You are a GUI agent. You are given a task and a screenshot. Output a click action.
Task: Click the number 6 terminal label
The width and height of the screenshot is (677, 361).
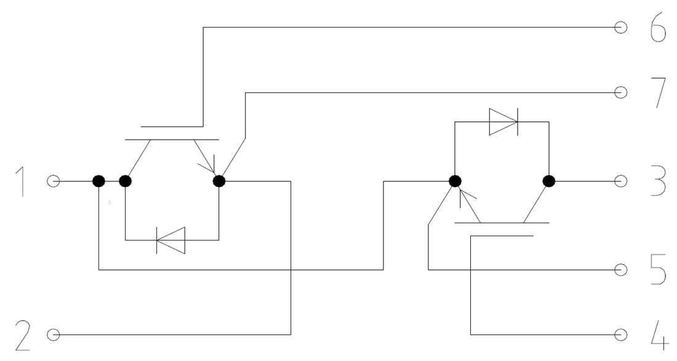point(658,28)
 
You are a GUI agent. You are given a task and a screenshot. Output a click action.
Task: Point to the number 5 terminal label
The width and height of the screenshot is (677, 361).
point(658,270)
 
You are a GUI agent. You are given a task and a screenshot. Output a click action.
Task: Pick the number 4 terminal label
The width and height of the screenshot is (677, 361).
point(658,335)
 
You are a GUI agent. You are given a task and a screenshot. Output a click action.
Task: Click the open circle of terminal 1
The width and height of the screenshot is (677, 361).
point(54,181)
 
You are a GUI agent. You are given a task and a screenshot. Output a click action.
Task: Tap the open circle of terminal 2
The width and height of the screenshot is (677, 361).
point(54,335)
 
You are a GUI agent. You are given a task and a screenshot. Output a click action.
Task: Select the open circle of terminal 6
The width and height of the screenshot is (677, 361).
point(621,28)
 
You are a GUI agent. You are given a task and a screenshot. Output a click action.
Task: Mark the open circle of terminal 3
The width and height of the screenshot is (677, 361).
point(621,181)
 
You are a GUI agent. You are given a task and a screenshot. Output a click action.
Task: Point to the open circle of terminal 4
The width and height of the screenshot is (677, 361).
point(621,335)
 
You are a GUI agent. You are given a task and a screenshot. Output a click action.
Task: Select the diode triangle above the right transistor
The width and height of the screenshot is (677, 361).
point(503,122)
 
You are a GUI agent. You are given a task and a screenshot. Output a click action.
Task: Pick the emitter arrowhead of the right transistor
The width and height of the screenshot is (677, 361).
point(467,196)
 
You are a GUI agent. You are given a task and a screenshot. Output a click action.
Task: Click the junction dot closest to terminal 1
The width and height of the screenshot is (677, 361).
point(98,181)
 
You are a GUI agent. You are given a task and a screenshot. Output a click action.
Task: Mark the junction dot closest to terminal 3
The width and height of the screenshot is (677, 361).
point(549,181)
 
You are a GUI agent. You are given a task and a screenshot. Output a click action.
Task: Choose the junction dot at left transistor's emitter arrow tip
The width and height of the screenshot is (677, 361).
point(219,181)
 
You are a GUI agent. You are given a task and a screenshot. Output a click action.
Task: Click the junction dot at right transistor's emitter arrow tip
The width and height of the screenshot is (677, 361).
point(455,181)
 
